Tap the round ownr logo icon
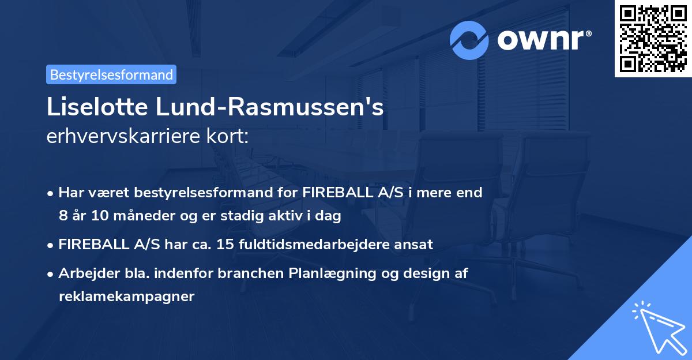click(469, 40)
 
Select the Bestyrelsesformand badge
click(111, 74)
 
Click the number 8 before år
click(62, 216)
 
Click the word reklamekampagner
click(126, 297)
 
